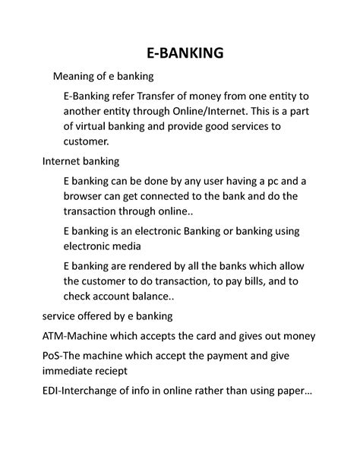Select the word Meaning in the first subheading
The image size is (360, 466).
74,77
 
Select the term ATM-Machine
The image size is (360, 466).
60,335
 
